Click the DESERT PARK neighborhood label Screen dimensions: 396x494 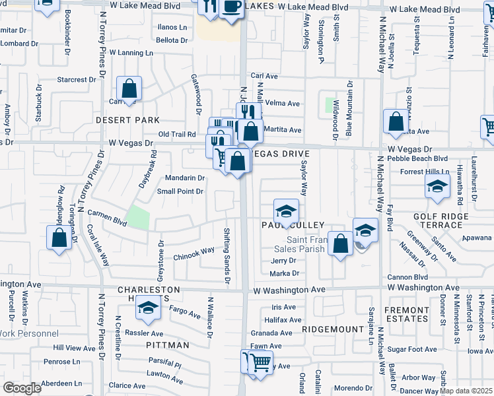pos(127,120)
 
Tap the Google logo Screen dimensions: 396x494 pos(22,388)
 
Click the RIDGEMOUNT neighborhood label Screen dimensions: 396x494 pos(334,329)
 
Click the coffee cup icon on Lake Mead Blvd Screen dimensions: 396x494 pos(230,7)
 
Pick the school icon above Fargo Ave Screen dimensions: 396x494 pos(149,308)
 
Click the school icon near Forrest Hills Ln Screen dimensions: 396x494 pos(437,187)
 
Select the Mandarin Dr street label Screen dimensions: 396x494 pos(184,178)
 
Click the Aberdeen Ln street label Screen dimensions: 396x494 pos(61,383)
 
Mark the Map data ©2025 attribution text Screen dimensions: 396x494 pos(465,391)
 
